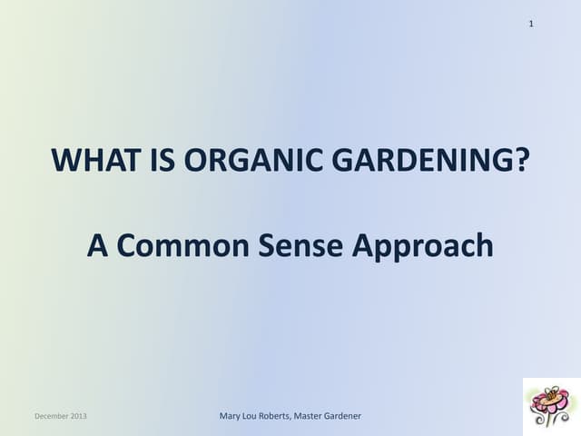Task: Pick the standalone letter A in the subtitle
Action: [x=97, y=245]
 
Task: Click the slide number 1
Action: [x=531, y=23]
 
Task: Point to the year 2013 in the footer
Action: [x=87, y=416]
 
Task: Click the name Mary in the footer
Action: [x=231, y=416]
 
